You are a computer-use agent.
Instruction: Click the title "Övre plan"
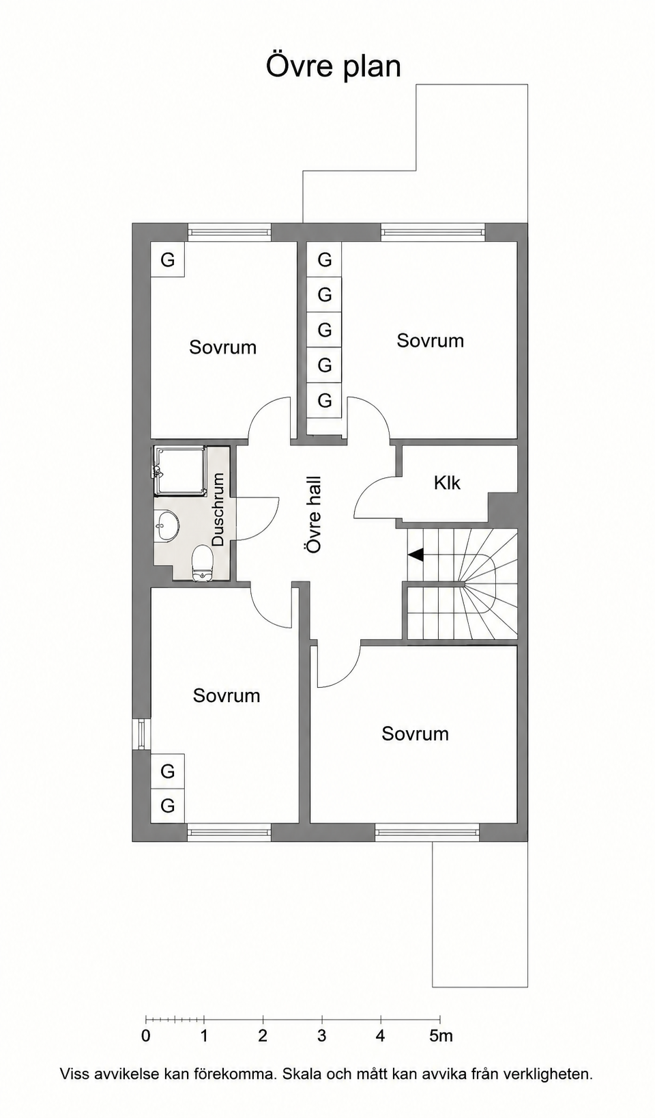pyautogui.click(x=333, y=66)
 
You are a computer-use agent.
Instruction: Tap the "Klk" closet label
pyautogui.click(x=447, y=483)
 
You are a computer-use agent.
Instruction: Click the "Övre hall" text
pyautogui.click(x=314, y=514)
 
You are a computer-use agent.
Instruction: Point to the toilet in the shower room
pyautogui.click(x=203, y=563)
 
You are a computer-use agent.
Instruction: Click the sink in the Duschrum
pyautogui.click(x=166, y=525)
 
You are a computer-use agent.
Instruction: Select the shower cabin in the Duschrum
pyautogui.click(x=180, y=471)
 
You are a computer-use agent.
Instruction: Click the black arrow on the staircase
pyautogui.click(x=416, y=554)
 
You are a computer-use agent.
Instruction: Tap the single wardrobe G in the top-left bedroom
pyautogui.click(x=168, y=260)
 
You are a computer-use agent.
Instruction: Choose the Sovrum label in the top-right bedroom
pyautogui.click(x=431, y=340)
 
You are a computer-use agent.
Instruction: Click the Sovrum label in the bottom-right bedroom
pyautogui.click(x=416, y=733)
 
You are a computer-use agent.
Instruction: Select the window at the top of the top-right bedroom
pyautogui.click(x=433, y=232)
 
